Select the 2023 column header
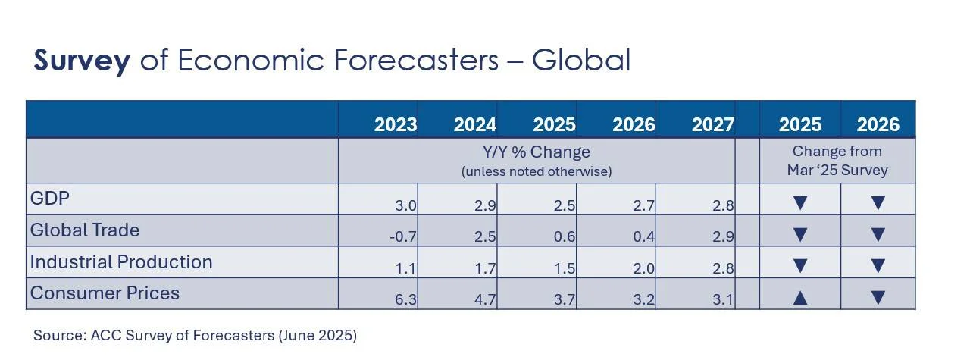pos(396,125)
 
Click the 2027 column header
pos(712,125)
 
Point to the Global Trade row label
pos(84,230)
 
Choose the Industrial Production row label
pos(121,262)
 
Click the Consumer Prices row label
pos(105,293)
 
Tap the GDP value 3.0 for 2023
pos(405,205)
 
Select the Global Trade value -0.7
pos(402,237)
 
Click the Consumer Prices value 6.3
pos(405,301)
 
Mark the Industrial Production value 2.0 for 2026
pos(643,269)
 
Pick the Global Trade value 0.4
pos(643,237)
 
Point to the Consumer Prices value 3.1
pos(723,301)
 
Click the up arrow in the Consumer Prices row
pos(799,298)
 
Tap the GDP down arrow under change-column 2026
pos(878,203)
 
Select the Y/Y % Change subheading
pos(537,152)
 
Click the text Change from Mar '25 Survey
pos(837,161)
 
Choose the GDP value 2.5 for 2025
pos(564,205)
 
